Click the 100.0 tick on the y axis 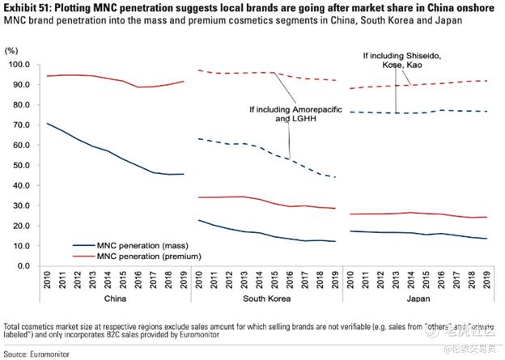pyautogui.click(x=18, y=65)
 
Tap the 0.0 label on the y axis pyautogui.click(x=22, y=266)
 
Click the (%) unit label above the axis pyautogui.click(x=12, y=51)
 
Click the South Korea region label pyautogui.click(x=268, y=299)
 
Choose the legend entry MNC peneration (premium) pyautogui.click(x=144, y=256)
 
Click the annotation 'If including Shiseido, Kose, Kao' pyautogui.click(x=398, y=61)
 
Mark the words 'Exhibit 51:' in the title pyautogui.click(x=26, y=6)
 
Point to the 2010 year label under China pyautogui.click(x=48, y=281)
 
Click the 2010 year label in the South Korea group pyautogui.click(x=200, y=281)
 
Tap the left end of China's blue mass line pyautogui.click(x=48, y=124)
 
